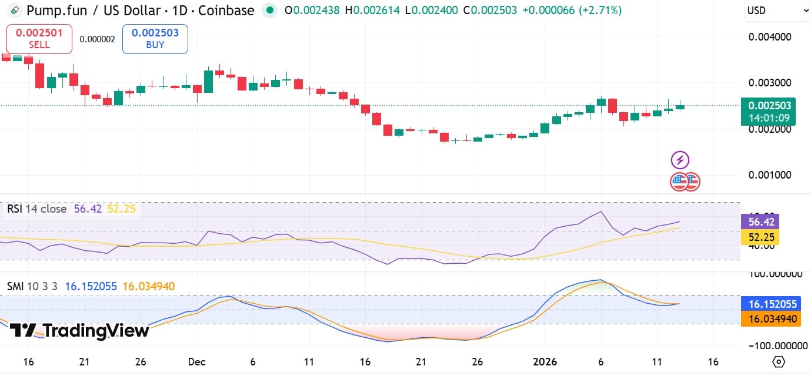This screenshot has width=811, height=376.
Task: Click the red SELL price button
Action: [x=39, y=39]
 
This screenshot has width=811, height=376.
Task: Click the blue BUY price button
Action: [x=155, y=39]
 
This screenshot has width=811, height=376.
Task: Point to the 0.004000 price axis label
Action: [x=770, y=37]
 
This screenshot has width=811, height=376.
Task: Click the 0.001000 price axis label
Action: [x=770, y=175]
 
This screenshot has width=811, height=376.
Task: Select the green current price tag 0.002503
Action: [x=768, y=106]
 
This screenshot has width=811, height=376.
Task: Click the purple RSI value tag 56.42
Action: [x=760, y=221]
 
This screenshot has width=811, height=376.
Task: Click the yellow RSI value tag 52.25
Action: [x=760, y=237]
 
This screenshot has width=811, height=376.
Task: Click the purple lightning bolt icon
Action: [x=680, y=160]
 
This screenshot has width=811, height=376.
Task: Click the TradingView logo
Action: [x=79, y=331]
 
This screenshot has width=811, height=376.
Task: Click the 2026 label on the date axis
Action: [x=544, y=361]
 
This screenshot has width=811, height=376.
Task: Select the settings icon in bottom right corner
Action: [x=779, y=361]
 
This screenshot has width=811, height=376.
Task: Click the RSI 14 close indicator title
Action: [x=36, y=209]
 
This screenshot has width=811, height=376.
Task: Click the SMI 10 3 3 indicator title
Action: [x=32, y=286]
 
